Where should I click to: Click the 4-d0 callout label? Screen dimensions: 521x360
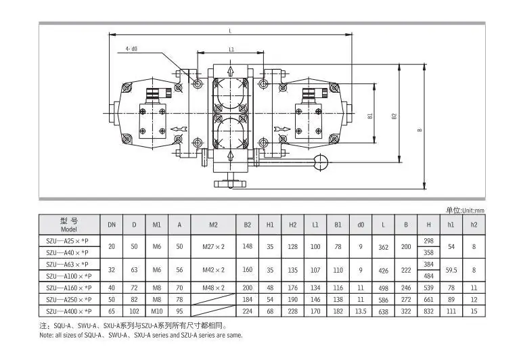(131, 49)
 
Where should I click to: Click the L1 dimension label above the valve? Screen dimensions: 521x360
(231, 49)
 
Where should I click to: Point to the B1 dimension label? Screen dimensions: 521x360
(370, 116)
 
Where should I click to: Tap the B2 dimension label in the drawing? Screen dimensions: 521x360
(394, 116)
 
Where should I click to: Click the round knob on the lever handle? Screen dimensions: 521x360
(320, 162)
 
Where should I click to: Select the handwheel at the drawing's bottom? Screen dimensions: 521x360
(230, 183)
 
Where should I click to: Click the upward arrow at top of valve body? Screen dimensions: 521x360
(230, 71)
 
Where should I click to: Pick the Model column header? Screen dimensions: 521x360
(69, 225)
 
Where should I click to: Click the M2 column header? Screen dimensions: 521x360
(213, 225)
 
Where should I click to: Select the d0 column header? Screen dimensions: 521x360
(361, 225)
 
